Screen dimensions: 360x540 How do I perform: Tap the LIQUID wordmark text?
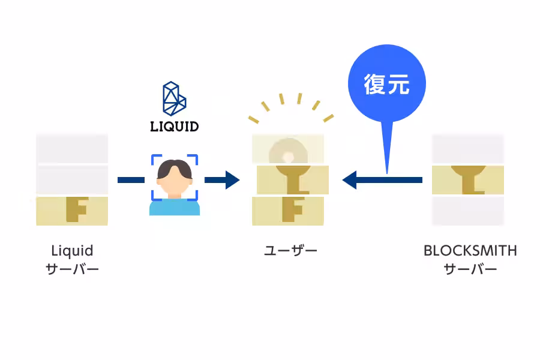coord(174,127)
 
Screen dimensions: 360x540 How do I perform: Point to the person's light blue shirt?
coord(174,207)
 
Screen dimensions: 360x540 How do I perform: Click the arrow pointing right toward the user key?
coord(222,179)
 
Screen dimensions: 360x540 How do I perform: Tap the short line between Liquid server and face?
coord(131,179)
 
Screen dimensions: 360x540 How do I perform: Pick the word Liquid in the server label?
coord(72,250)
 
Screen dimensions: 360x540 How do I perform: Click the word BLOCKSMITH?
coord(470,250)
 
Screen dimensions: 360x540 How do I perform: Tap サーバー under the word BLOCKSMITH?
coord(470,269)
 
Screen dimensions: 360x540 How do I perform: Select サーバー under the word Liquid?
coord(72,269)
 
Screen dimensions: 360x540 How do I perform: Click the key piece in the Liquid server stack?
coord(72,211)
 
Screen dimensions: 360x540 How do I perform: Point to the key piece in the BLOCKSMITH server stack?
coord(468,180)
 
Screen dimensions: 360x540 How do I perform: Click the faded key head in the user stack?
coord(288,150)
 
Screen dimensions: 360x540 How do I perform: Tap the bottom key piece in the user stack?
coord(289,211)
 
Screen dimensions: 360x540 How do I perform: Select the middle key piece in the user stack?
coord(293,180)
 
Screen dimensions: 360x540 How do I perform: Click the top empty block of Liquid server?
coord(72,148)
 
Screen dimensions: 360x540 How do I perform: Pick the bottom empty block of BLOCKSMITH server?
coord(468,211)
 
